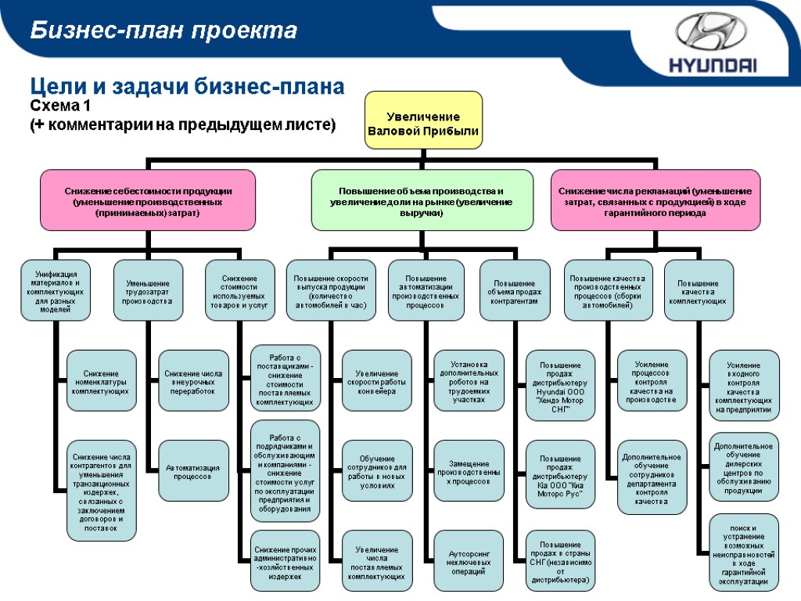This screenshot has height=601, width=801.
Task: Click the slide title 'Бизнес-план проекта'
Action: (x=164, y=31)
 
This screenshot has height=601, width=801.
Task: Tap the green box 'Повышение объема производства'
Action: (x=422, y=200)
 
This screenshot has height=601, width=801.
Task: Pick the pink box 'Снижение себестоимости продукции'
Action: (x=148, y=200)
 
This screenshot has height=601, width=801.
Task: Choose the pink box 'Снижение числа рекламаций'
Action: (x=655, y=200)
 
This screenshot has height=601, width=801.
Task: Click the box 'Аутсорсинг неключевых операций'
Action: (x=469, y=561)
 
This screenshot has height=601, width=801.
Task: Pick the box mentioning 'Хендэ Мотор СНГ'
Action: (x=560, y=385)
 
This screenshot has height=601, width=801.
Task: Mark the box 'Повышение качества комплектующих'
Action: (x=699, y=290)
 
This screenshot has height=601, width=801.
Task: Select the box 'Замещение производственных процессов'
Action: (x=469, y=472)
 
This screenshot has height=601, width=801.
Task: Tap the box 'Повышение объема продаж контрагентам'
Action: (x=514, y=290)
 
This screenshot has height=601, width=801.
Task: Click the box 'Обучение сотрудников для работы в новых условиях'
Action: (x=376, y=472)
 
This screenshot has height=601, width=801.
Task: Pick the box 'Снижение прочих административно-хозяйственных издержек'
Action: (x=285, y=561)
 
